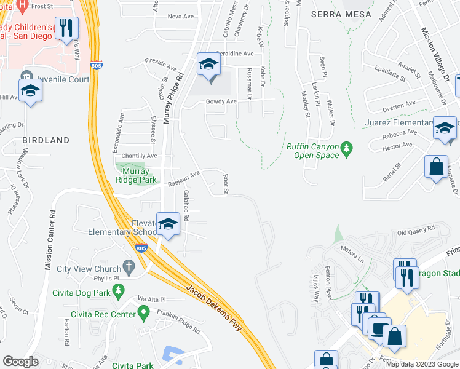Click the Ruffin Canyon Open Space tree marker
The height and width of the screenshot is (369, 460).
tap(347, 148)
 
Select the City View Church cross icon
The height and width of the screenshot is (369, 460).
tap(128, 267)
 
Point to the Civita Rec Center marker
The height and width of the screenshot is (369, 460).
tap(144, 312)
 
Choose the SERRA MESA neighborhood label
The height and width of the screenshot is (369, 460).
tap(341, 14)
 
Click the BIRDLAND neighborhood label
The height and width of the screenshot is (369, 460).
tap(46, 140)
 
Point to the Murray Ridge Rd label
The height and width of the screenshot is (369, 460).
tap(173, 98)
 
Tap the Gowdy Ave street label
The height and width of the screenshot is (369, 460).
tap(221, 101)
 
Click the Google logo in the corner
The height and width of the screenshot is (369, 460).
tap(20, 361)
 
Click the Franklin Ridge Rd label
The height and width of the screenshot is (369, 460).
tap(178, 320)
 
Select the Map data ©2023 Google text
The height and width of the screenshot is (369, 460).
tap(421, 364)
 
